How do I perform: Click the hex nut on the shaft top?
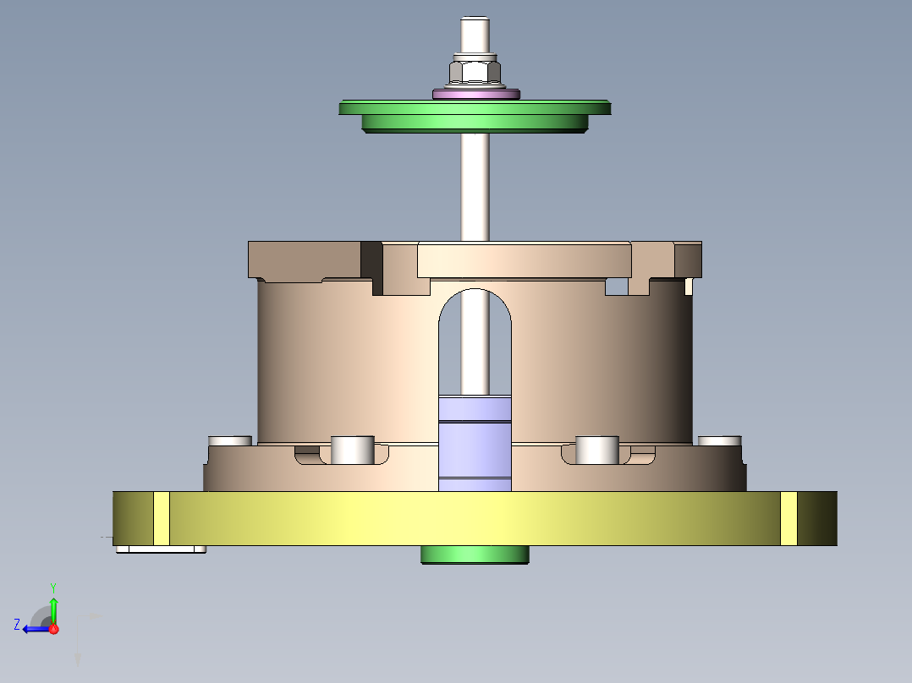pos(475,71)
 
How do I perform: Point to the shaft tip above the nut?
pos(475,34)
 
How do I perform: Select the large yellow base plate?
pos(475,517)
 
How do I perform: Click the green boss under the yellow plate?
pos(475,555)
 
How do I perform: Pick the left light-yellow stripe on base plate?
pos(161,518)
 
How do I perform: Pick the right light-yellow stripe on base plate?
pos(788,518)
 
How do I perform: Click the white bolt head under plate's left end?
pos(161,549)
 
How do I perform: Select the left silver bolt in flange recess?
pos(352,450)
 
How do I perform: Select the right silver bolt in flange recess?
pos(597,450)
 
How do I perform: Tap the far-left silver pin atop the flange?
pos(230,440)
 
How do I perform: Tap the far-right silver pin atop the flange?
pos(720,440)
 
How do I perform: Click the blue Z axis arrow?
pos(32,628)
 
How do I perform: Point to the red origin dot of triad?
pos(53,629)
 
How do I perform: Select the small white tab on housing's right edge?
pos(689,286)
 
